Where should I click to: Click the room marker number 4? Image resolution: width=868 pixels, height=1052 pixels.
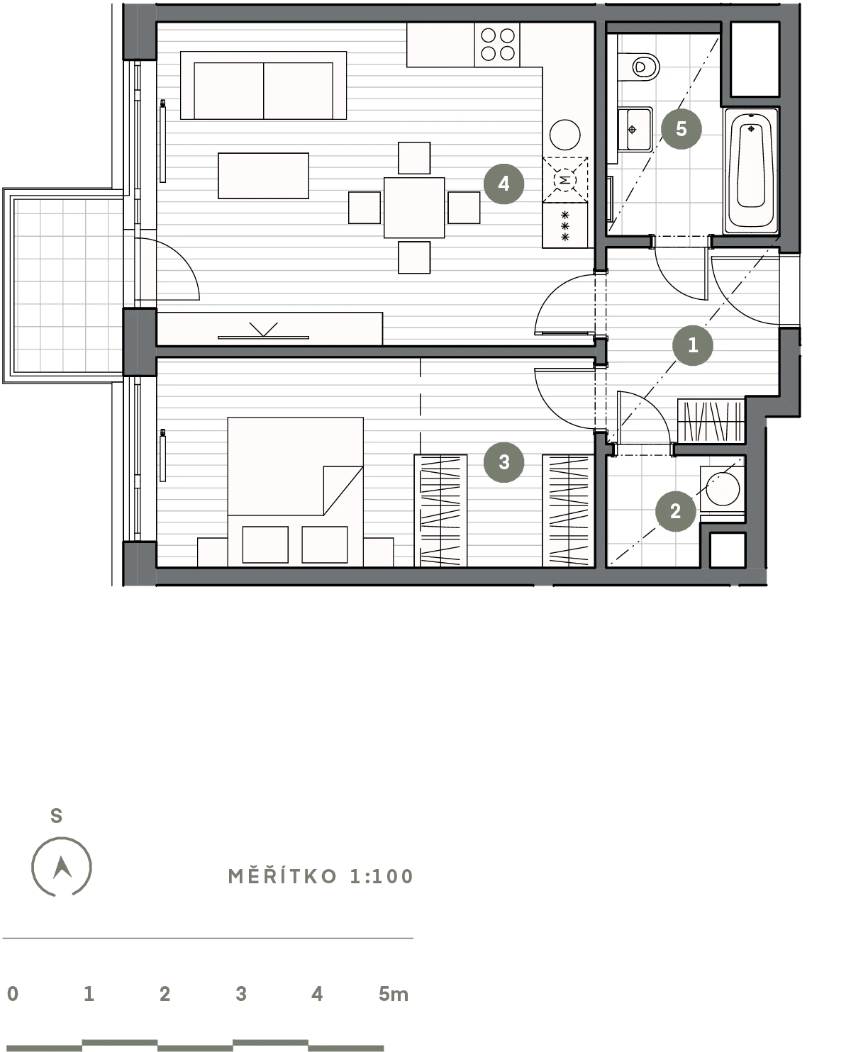coord(503,184)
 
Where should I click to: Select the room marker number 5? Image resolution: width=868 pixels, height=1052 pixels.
coord(681,129)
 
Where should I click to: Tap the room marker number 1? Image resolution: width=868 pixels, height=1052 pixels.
coord(693,345)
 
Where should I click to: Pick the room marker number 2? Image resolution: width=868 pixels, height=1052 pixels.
coord(675,511)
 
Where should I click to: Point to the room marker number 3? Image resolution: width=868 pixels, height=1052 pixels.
coord(503,462)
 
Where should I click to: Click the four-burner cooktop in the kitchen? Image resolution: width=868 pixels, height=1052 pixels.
coord(498,45)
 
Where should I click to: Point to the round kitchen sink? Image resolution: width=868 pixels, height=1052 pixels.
coord(564,135)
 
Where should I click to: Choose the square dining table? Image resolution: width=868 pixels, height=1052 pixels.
coord(414,208)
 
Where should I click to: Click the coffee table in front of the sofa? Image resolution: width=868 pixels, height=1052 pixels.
coord(263,176)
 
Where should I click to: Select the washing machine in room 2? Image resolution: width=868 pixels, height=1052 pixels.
coord(723,488)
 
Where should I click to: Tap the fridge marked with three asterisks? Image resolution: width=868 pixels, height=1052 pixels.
coord(565,225)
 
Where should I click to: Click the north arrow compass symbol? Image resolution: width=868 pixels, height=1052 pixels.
coord(62,867)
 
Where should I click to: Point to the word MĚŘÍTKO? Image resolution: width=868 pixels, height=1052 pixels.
coord(282,876)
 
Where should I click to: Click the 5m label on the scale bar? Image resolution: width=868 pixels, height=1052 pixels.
coord(393,994)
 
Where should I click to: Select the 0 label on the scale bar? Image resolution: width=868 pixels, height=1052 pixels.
coord(13,994)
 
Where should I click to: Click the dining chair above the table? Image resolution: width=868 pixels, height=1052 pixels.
coord(414,157)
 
